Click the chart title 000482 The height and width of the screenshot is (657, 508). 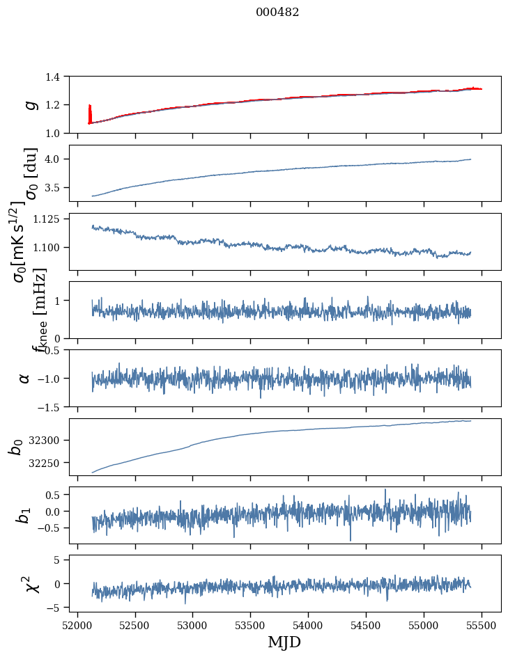tap(277, 12)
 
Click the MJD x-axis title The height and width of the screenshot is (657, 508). tap(284, 642)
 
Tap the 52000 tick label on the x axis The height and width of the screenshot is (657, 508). tap(77, 624)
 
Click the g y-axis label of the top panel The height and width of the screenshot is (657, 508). tap(29, 104)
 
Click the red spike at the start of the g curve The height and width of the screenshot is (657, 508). tap(90, 113)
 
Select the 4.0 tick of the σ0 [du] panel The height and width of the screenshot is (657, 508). tap(55, 159)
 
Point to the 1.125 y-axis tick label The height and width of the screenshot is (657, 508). tap(48, 219)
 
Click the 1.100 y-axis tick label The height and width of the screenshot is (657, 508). tap(48, 248)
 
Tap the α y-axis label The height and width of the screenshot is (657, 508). tap(25, 378)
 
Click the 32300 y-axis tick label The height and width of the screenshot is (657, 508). tap(46, 441)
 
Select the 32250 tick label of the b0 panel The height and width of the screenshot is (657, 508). tap(46, 463)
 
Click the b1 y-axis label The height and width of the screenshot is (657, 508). tap(24, 515)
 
